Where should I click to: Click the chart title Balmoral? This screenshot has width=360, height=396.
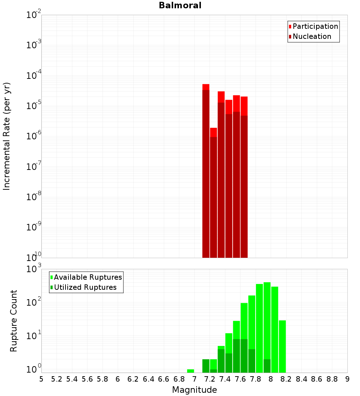180,5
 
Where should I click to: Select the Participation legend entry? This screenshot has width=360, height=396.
315,27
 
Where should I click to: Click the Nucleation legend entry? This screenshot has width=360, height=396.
312,37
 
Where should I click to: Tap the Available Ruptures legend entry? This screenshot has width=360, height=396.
87,277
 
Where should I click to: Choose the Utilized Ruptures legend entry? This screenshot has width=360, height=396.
85,287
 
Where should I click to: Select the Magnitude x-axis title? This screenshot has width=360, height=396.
194,390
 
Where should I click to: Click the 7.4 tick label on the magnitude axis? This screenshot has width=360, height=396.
225,379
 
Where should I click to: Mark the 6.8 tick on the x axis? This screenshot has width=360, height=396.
179,379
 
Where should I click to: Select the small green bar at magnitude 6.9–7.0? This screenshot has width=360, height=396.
190,371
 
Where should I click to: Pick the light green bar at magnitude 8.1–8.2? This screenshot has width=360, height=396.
282,346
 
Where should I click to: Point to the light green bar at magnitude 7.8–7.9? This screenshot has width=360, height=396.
259,324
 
